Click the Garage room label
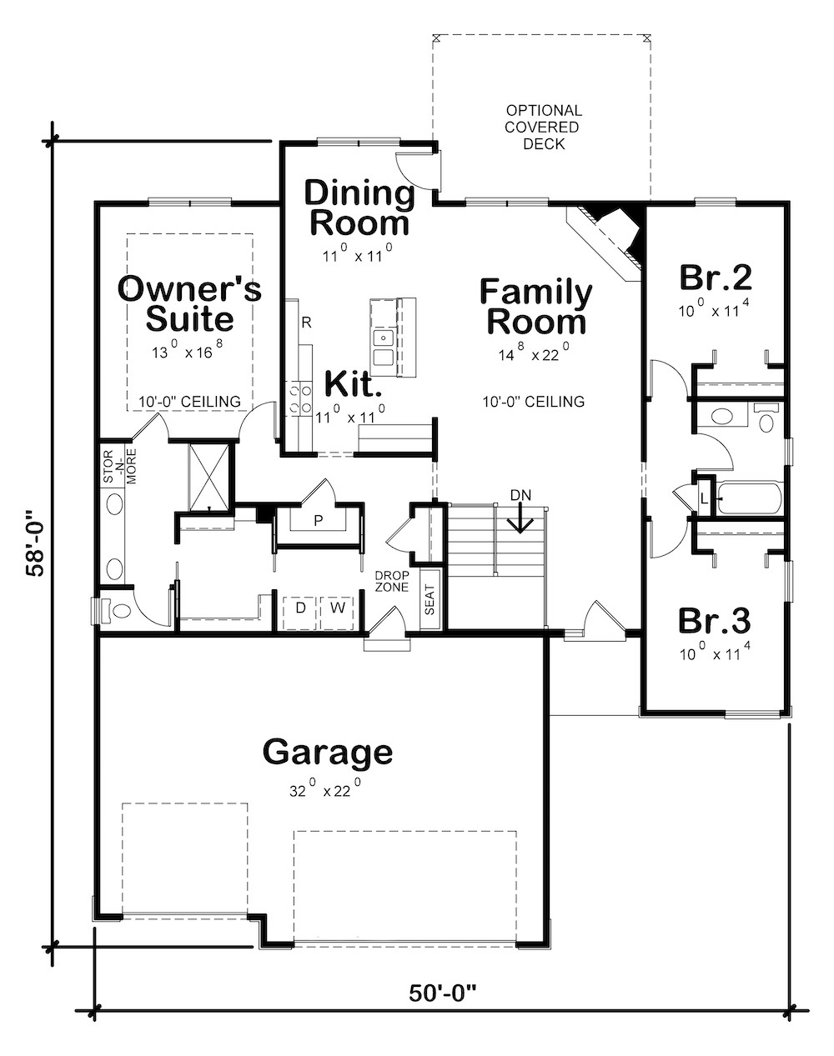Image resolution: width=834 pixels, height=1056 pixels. (x=327, y=752)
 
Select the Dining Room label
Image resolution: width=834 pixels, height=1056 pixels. (x=359, y=208)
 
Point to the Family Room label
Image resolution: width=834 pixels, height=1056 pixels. (x=536, y=307)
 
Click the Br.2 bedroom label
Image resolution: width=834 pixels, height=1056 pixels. (x=716, y=276)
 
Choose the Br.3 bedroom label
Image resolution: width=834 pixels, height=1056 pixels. (x=714, y=621)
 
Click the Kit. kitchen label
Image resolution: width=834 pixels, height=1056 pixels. (x=353, y=384)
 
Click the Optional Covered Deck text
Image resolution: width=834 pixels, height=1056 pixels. (x=544, y=127)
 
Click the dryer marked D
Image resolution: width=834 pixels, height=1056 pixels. (x=300, y=608)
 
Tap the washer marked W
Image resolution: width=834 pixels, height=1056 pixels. (x=338, y=608)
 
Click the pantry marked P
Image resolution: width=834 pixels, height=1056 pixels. (x=318, y=520)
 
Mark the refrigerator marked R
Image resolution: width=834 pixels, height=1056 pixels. (x=306, y=322)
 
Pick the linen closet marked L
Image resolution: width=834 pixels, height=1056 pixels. (x=705, y=498)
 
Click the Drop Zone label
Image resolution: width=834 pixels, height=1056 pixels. (x=390, y=581)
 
